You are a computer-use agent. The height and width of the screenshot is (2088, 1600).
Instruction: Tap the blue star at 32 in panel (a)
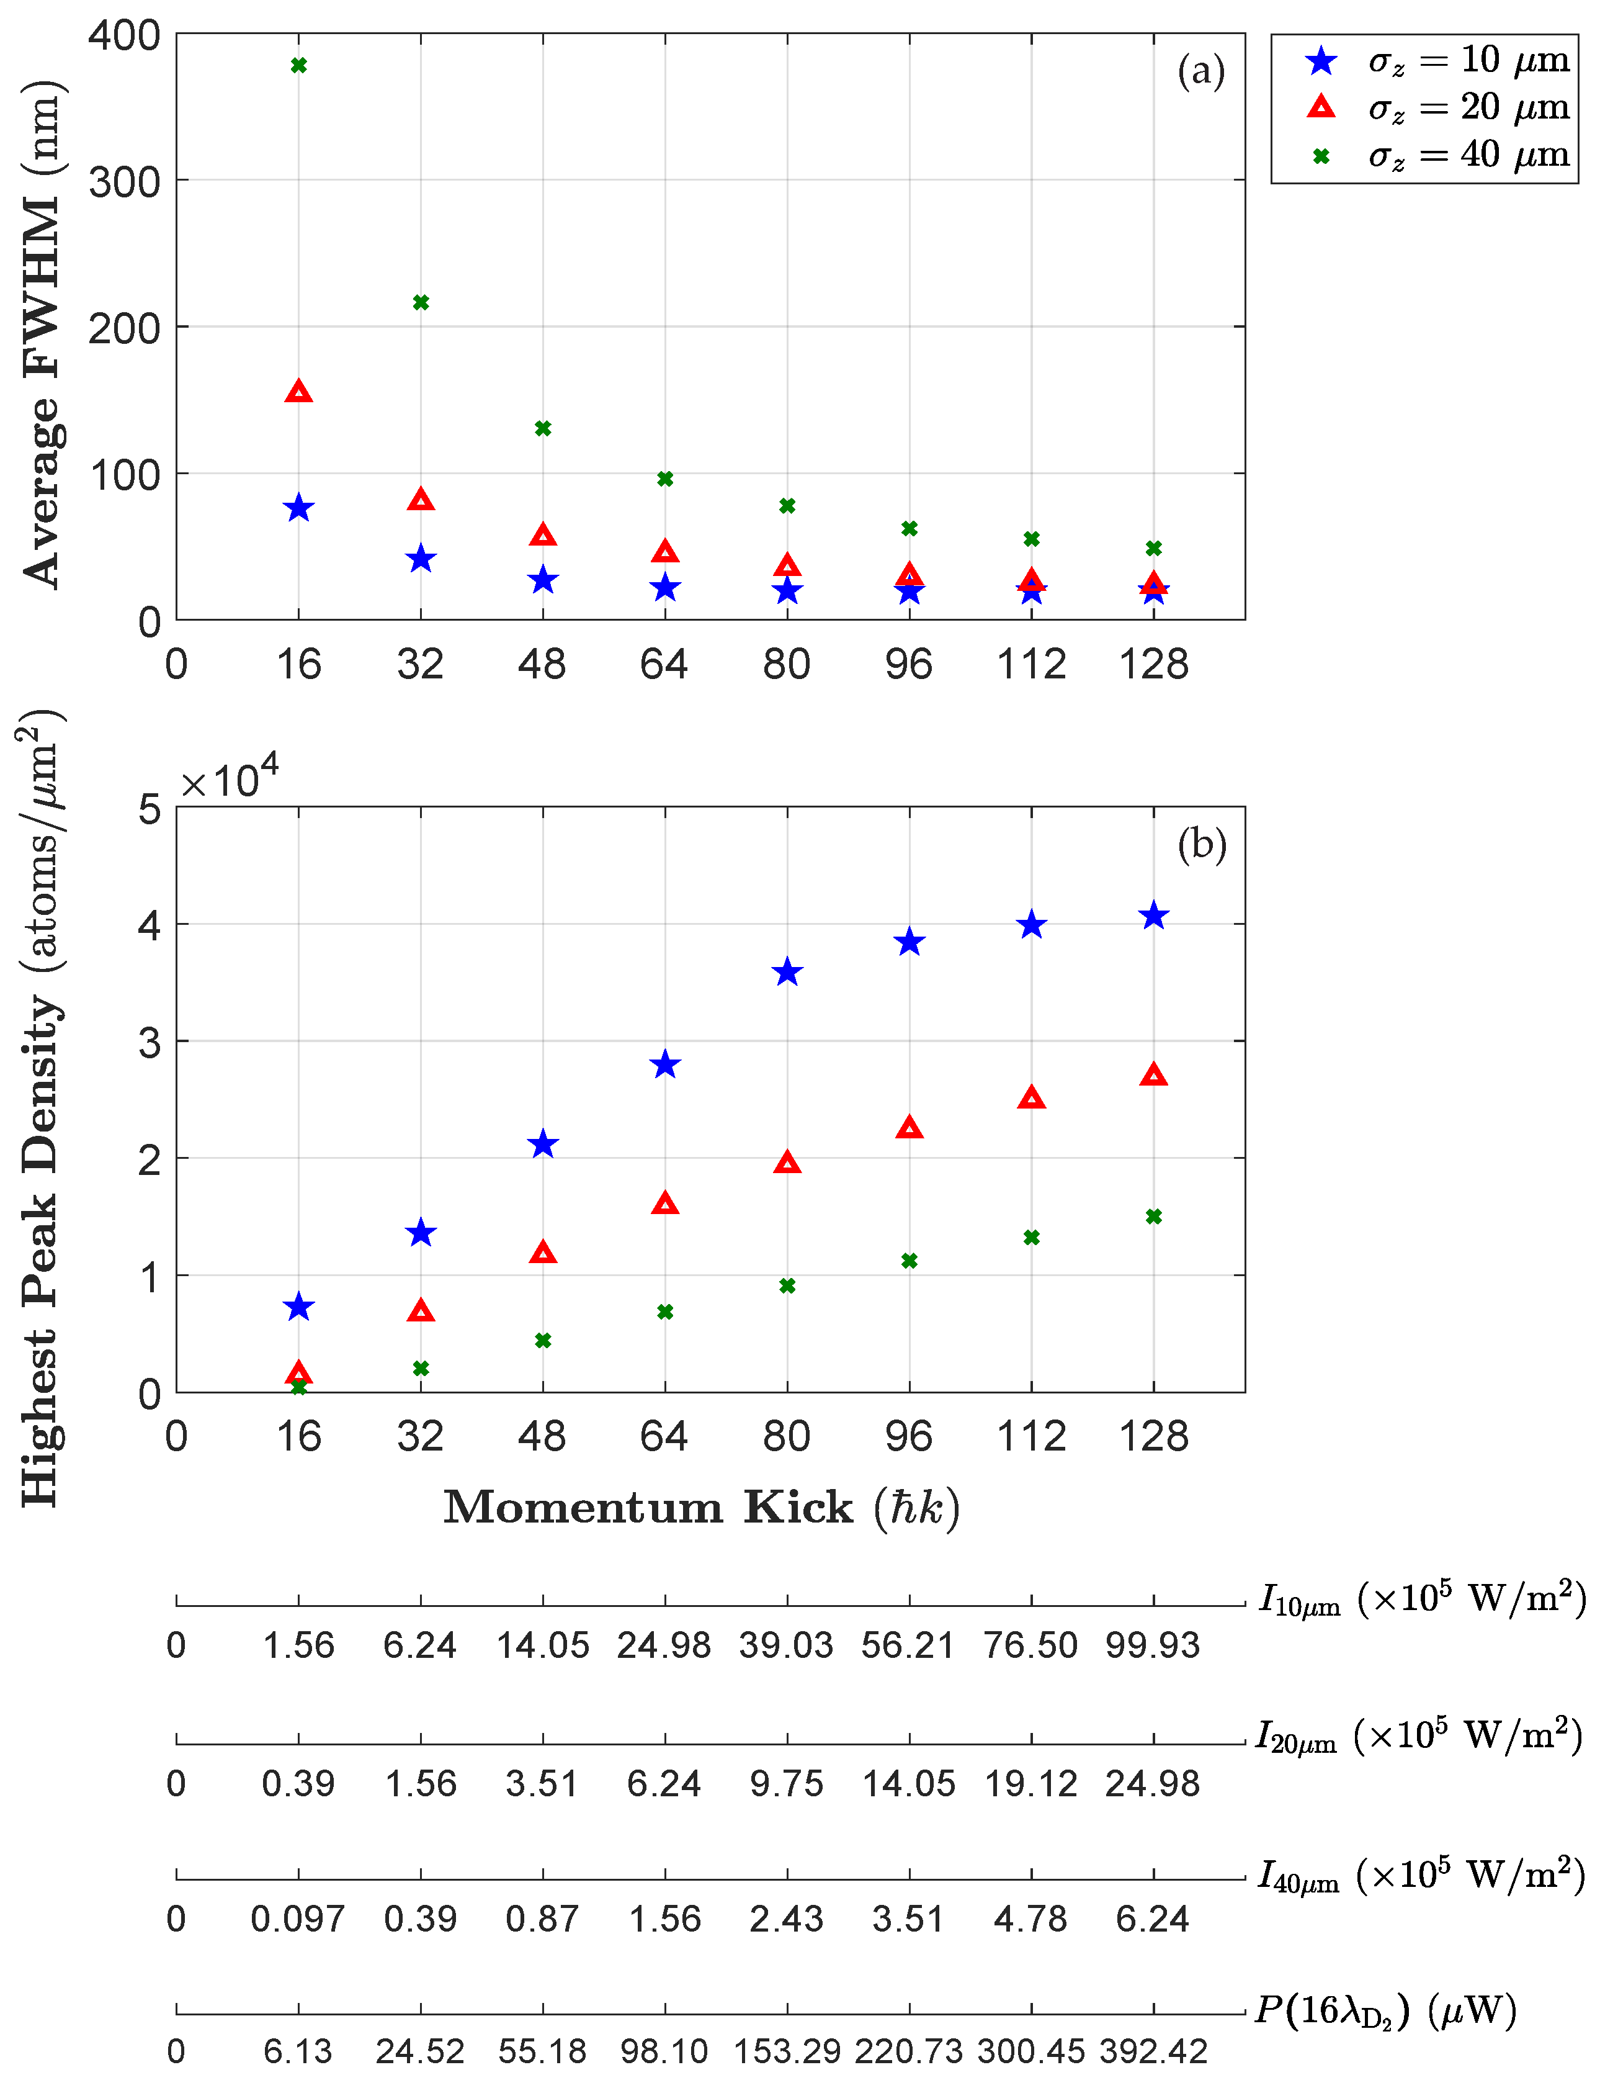click(421, 559)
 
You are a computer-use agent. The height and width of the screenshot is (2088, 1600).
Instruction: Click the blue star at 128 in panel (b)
click(1153, 916)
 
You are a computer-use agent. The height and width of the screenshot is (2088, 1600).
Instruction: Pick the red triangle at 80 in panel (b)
click(787, 1162)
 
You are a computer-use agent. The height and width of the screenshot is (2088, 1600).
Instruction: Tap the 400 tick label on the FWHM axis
click(125, 36)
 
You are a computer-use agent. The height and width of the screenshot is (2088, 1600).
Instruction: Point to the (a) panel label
click(1201, 71)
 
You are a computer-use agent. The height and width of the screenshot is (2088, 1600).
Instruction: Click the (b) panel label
click(1201, 844)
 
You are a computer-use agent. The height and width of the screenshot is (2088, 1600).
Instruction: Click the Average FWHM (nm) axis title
click(43, 333)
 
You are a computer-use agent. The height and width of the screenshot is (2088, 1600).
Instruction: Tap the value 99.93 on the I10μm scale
click(1152, 1645)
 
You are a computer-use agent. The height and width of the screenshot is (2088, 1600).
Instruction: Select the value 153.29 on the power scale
click(787, 2051)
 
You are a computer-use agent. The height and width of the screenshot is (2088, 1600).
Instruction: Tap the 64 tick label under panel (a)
click(664, 664)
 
